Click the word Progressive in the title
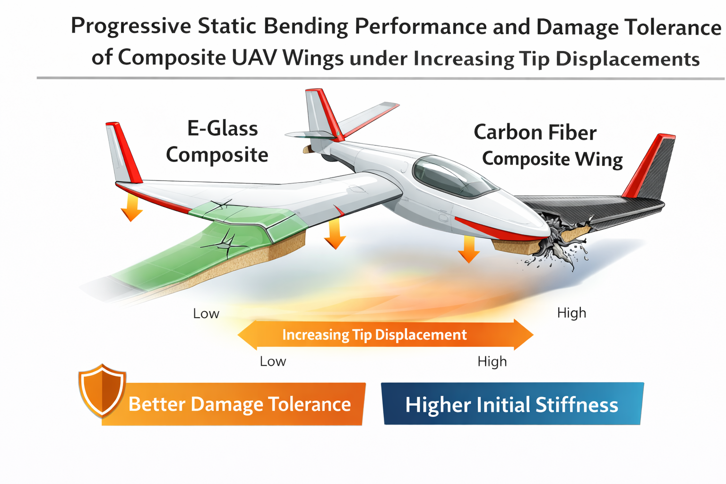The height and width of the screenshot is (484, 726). pyautogui.click(x=131, y=26)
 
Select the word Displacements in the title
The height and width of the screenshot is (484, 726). pyautogui.click(x=628, y=59)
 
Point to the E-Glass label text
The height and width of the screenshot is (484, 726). pyautogui.click(x=223, y=129)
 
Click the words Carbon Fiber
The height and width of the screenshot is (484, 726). pyautogui.click(x=535, y=132)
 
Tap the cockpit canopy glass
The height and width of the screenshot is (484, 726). pyautogui.click(x=454, y=177)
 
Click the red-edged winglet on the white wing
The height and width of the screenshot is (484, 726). pyautogui.click(x=124, y=152)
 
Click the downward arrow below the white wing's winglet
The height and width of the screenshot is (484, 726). pyautogui.click(x=132, y=207)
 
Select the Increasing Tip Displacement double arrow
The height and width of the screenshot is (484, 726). pyautogui.click(x=385, y=335)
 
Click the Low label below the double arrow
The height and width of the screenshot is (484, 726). pyautogui.click(x=273, y=362)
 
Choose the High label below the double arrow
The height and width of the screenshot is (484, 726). pyautogui.click(x=492, y=362)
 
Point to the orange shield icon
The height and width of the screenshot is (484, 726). pyautogui.click(x=102, y=390)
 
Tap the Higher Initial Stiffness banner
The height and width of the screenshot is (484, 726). pyautogui.click(x=512, y=404)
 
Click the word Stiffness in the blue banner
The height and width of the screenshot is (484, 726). pyautogui.click(x=577, y=405)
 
